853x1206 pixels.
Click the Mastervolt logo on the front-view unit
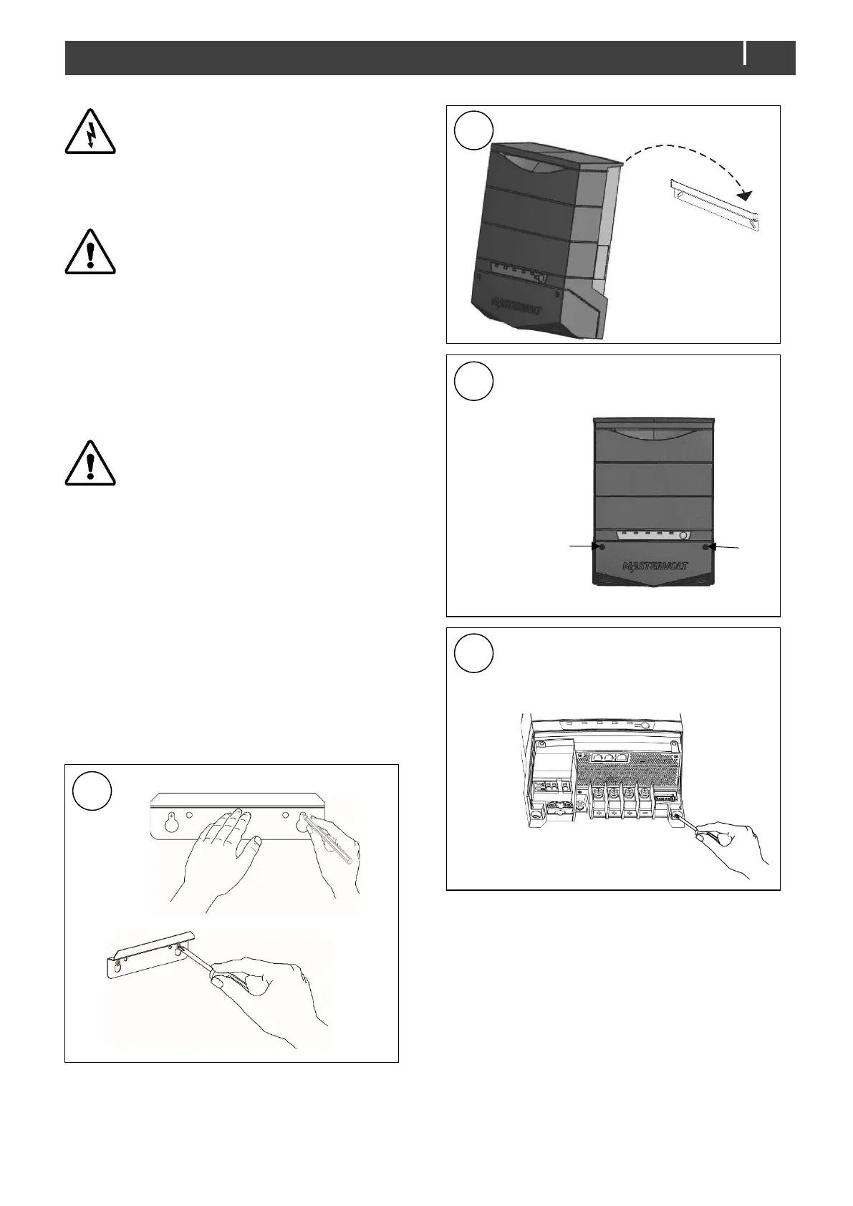[655, 566]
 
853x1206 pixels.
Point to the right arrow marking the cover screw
[724, 546]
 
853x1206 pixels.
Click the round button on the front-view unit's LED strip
[685, 536]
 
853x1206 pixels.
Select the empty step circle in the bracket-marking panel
[92, 791]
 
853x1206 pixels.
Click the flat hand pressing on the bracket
[218, 852]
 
